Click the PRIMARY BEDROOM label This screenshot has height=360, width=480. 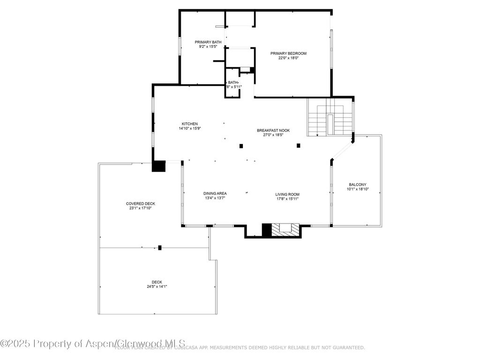288,53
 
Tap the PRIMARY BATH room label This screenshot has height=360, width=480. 208,42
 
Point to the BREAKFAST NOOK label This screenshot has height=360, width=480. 273,130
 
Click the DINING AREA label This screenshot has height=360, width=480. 215,194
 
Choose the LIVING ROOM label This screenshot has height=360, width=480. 287,194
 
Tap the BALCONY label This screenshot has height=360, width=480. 358,185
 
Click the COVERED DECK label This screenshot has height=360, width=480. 140,203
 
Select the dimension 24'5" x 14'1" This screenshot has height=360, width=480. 157,286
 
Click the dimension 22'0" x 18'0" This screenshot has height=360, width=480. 288,58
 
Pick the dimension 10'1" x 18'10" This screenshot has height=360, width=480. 358,189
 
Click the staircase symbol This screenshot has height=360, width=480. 330,120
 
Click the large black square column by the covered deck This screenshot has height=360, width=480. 159,166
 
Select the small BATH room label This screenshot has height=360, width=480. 233,82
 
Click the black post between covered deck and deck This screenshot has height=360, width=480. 160,247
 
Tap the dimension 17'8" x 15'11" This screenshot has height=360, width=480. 287,199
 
